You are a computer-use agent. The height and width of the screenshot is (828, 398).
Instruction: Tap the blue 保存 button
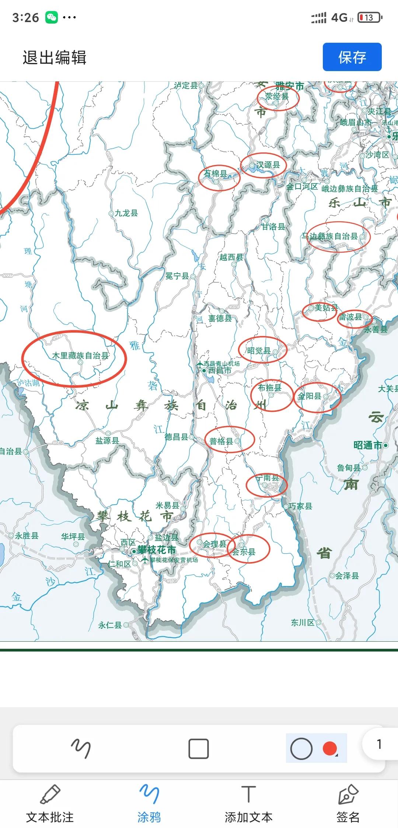352,57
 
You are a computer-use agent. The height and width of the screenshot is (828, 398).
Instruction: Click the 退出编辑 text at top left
55,58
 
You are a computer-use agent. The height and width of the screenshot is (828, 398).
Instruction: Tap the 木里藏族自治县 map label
80,355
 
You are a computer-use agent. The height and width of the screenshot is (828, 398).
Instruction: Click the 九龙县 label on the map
126,213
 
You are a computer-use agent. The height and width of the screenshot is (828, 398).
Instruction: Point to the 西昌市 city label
220,371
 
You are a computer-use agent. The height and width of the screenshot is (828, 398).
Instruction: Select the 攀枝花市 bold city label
156,550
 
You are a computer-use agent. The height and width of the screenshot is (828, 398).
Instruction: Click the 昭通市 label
368,445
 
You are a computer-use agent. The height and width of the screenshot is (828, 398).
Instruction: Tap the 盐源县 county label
107,441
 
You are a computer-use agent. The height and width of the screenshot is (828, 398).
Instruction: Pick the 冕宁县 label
177,276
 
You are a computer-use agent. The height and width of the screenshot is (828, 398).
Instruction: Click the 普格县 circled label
221,441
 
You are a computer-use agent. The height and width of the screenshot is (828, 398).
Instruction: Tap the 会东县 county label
244,552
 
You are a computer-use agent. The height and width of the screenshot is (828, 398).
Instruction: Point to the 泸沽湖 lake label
28,383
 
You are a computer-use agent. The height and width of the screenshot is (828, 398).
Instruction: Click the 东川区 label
303,622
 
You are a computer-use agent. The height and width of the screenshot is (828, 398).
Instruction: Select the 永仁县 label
110,625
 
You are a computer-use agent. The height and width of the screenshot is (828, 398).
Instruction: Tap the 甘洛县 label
273,227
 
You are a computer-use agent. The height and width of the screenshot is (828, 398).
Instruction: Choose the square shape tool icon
198,748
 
